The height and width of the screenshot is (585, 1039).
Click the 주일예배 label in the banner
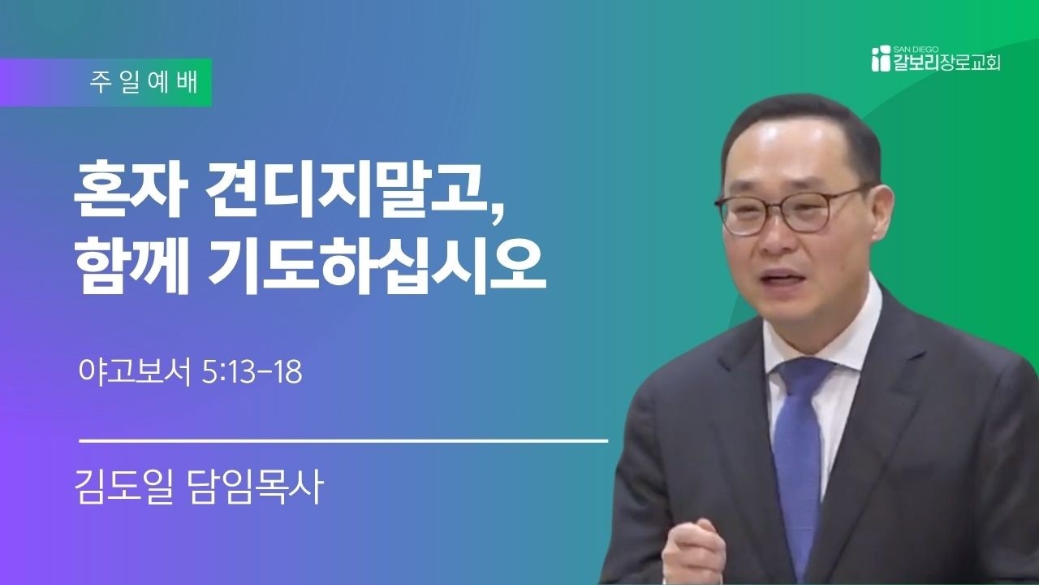pos(144,83)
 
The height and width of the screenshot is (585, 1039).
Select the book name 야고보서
pos(135,372)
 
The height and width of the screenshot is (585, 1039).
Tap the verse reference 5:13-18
pos(252,372)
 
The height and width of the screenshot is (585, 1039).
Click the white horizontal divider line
pos(343,440)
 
